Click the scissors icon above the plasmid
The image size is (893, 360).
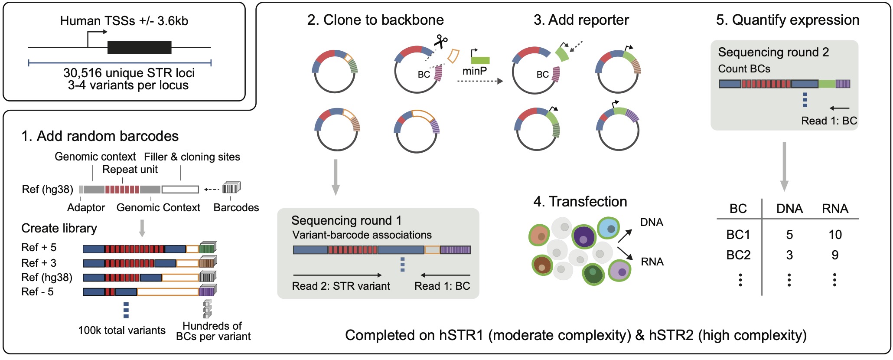[441, 42]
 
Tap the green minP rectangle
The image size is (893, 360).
[480, 60]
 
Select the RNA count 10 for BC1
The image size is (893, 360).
[835, 235]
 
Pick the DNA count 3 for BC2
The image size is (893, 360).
[789, 255]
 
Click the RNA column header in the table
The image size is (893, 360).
[835, 209]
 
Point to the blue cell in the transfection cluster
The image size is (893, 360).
[610, 228]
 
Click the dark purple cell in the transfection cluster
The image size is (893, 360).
[584, 237]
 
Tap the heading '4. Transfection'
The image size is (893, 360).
[580, 202]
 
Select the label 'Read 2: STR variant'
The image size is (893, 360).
[341, 286]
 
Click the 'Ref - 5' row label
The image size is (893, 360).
[37, 292]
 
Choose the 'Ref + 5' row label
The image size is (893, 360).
[39, 248]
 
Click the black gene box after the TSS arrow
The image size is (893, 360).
[139, 47]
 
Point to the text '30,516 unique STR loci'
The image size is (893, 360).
[129, 72]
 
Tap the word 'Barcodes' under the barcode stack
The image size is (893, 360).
[236, 208]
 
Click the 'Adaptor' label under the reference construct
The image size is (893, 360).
[86, 208]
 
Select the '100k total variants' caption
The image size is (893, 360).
[122, 331]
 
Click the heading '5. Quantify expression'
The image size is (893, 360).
[787, 20]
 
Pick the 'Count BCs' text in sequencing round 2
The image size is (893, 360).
[744, 69]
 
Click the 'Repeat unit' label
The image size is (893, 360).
[130, 170]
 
